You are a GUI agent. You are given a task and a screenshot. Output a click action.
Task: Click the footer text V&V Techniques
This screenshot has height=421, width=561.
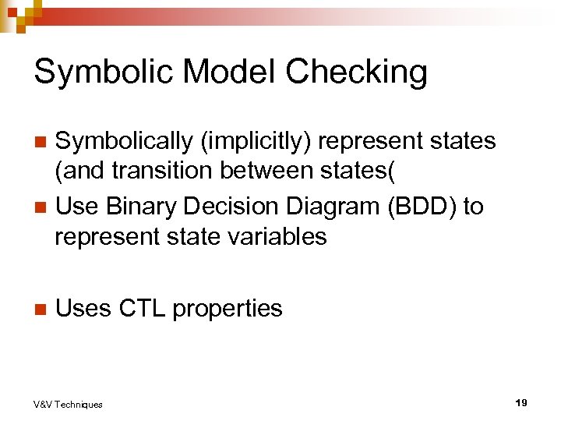(x=68, y=404)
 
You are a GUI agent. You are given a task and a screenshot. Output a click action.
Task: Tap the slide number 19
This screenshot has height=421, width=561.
(x=521, y=402)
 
